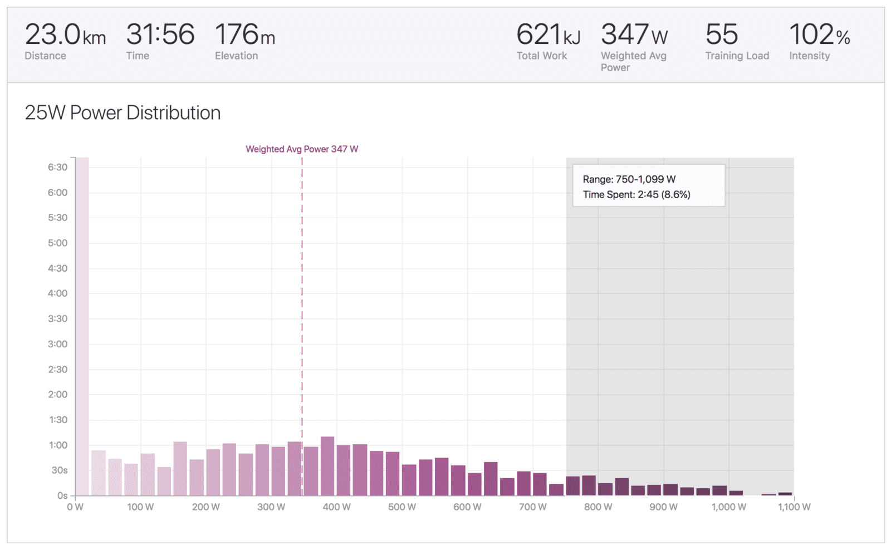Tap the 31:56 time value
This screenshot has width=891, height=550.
click(160, 34)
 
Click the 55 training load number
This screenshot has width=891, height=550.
click(722, 34)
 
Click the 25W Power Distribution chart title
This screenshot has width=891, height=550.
click(123, 112)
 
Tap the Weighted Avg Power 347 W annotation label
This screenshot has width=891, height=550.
click(302, 149)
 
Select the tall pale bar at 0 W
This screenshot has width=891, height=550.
click(82, 326)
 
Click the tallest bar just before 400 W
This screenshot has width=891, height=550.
click(327, 466)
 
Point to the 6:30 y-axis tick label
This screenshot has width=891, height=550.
click(58, 168)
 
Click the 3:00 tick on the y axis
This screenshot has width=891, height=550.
click(58, 344)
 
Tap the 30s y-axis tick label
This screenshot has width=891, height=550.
click(60, 470)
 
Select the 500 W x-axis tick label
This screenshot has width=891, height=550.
click(402, 507)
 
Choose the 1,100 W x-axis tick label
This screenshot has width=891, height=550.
click(794, 507)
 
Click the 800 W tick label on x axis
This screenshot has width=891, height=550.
click(598, 507)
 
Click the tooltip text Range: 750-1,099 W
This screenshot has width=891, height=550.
click(629, 179)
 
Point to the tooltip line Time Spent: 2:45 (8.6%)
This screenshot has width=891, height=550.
click(637, 194)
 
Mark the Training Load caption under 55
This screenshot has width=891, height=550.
click(737, 56)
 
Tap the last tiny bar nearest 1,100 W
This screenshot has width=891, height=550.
click(785, 494)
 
